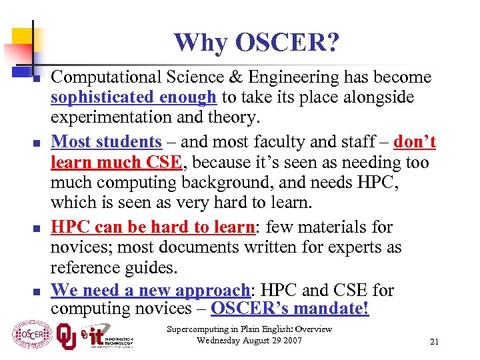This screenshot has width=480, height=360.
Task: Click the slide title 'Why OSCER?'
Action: [256, 43]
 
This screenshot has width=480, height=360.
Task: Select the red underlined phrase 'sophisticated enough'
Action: [133, 97]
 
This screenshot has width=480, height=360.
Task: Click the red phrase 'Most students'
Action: [106, 142]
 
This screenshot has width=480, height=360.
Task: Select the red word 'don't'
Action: [415, 142]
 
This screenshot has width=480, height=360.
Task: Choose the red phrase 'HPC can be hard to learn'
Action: [153, 227]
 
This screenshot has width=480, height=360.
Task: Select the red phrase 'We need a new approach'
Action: [150, 291]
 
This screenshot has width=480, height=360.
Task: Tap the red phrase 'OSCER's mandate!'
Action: [289, 309]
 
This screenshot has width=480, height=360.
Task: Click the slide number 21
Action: [434, 341]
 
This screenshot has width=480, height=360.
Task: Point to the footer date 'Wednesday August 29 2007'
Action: [249, 341]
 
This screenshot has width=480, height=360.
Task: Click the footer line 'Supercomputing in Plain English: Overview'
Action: [249, 329]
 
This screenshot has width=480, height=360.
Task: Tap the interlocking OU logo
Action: [66, 335]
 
